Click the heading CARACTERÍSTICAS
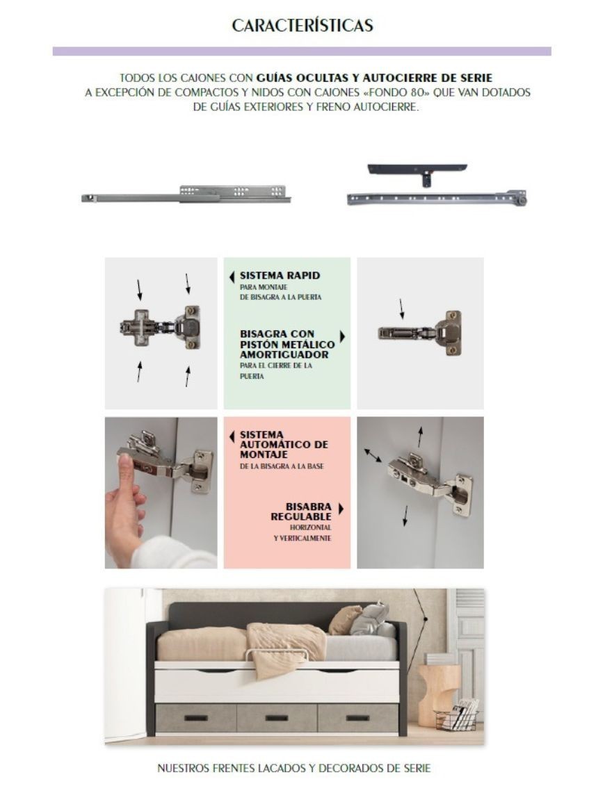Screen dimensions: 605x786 [302, 26]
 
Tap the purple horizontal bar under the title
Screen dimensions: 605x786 [302, 51]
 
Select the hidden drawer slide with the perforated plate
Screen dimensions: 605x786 [186, 195]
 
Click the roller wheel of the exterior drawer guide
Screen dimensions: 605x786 [523, 201]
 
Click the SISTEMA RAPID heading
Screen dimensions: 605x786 [280, 275]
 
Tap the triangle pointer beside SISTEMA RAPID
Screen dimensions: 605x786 [232, 277]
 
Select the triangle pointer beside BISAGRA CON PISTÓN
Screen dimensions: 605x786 [342, 336]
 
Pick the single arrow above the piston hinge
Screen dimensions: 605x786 [401, 309]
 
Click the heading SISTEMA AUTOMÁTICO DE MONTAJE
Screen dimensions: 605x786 [284, 444]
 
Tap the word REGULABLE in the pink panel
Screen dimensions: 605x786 [301, 516]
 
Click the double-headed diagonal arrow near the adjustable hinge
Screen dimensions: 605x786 [373, 455]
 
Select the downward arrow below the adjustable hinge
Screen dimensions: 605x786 [405, 516]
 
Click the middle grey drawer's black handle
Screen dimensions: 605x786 [276, 718]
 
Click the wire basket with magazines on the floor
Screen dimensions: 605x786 [456, 716]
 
